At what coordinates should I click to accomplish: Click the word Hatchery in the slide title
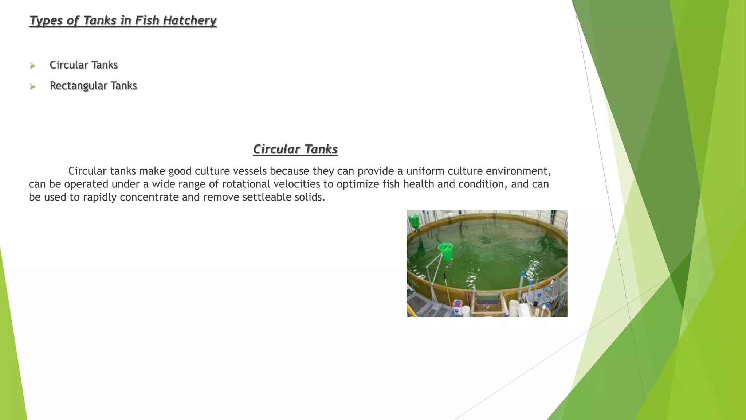tap(189, 20)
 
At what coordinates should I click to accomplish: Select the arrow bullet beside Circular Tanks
tap(32, 66)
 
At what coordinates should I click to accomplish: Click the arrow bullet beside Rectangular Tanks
tap(32, 86)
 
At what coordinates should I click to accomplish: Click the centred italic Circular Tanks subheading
tap(295, 149)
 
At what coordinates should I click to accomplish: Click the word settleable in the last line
tap(267, 197)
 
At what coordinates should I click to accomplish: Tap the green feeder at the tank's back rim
tap(414, 221)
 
